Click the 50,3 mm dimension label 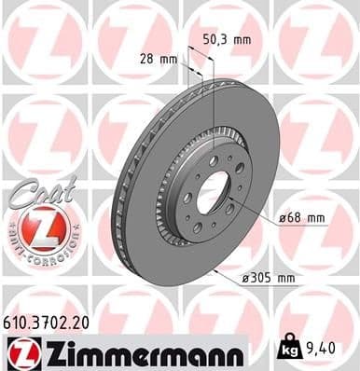coord(228,40)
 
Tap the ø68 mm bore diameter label coord(301,218)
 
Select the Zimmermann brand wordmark coord(137,352)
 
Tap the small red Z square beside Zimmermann coord(20,352)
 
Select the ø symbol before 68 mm coord(282,218)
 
